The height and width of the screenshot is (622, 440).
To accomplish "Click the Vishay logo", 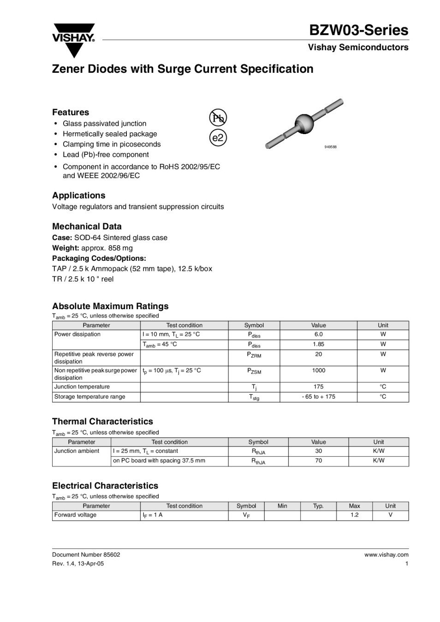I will [74, 39].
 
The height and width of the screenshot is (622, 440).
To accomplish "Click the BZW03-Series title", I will [358, 30].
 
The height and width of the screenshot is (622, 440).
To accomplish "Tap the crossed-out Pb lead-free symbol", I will [218, 118].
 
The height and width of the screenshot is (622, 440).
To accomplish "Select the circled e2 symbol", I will [218, 138].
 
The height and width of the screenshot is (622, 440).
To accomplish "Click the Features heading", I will [71, 112].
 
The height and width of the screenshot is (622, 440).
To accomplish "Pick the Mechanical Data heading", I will [87, 226].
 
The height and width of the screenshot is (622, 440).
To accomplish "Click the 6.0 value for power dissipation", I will [318, 334].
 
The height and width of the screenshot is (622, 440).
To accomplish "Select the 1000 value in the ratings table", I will [318, 370].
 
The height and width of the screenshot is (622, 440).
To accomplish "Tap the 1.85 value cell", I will [318, 344].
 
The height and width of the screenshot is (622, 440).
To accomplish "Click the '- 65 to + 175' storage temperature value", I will [318, 397].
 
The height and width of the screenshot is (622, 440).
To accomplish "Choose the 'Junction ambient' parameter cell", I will [77, 451].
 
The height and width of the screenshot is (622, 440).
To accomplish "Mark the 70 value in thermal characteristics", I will [318, 461].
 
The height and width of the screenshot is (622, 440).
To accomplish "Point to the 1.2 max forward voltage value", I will [354, 515].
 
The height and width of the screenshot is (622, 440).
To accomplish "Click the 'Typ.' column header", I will [318, 506].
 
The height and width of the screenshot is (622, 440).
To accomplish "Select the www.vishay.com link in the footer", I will [386, 555].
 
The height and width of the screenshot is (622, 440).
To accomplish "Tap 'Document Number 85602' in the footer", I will [86, 555].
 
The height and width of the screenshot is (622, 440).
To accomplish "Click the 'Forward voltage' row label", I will [75, 515].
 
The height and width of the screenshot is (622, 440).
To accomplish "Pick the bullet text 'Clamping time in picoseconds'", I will [112, 144].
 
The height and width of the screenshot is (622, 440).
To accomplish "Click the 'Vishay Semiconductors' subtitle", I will [358, 47].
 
